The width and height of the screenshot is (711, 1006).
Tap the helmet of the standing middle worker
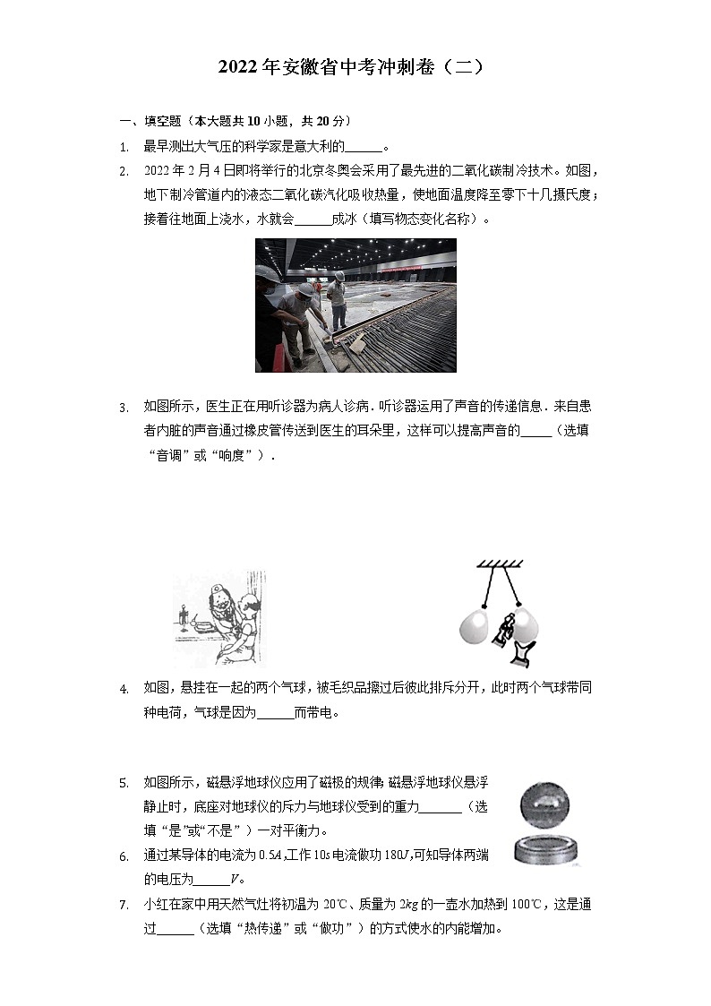pyautogui.click(x=305, y=289)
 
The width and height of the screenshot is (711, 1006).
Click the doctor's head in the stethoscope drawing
pyautogui.click(x=216, y=594)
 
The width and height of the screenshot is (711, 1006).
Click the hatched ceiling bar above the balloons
pyautogui.click(x=501, y=563)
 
